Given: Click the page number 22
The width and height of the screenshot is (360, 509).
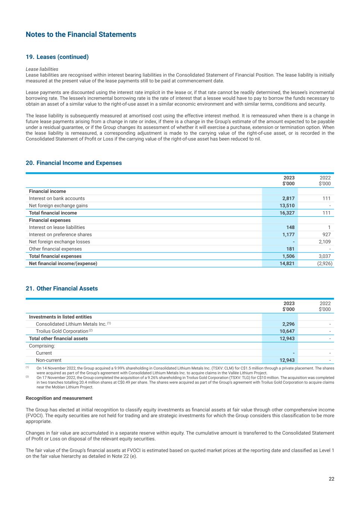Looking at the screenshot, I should click(331, 479).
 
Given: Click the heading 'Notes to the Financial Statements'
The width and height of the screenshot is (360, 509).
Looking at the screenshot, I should click(81, 35).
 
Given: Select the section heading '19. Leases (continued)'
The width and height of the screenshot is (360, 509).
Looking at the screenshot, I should click(57, 57).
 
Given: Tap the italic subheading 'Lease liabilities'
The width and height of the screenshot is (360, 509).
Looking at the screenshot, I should click(42, 69).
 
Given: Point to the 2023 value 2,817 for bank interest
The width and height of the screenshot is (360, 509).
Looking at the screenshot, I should click(288, 198).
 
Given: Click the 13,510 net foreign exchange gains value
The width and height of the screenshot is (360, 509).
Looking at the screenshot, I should click(287, 205).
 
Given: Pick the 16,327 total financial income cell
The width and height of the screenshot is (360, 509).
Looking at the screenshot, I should click(287, 213).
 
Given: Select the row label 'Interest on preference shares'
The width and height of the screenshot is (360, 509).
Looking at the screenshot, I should click(60, 235).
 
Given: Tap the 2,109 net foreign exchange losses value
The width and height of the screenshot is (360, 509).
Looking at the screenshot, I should click(324, 242).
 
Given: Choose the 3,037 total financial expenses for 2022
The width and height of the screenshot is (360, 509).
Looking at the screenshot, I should click(324, 256).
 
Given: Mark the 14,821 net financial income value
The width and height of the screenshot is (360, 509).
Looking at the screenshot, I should click(287, 263).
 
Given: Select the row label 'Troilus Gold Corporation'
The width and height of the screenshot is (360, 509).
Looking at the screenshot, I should click(62, 331).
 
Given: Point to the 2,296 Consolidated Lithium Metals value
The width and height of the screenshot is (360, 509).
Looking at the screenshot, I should click(288, 324).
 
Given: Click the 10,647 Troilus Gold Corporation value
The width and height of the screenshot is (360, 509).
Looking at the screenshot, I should click(287, 331).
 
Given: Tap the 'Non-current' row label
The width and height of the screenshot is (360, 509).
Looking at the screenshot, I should click(48, 360).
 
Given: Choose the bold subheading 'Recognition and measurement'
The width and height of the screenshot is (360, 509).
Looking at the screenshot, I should click(59, 398).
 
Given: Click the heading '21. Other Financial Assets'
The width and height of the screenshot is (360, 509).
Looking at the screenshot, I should click(62, 289).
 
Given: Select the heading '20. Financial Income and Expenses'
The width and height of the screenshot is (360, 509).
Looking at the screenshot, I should click(73, 163).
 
